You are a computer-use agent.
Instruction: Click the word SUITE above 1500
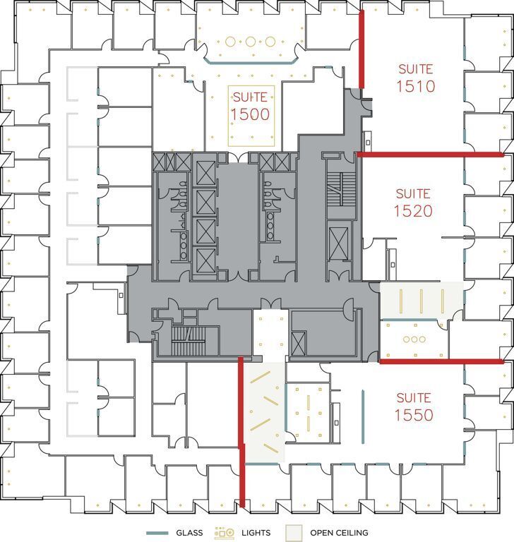251,97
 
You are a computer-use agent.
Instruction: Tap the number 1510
415,87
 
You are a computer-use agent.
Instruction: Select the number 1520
413,210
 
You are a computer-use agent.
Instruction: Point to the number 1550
414,415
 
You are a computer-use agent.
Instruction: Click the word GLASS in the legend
190,533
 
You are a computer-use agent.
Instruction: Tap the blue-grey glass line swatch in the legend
157,533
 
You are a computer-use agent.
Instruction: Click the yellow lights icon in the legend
225,532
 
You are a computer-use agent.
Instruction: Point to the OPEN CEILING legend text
339,533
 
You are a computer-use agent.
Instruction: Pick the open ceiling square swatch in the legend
294,532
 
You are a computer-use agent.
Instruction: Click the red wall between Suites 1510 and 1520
431,154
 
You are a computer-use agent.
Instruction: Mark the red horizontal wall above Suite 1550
441,361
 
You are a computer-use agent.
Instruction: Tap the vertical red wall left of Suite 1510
361,49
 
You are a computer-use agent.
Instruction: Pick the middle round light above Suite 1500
250,42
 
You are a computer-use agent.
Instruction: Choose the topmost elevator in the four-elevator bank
205,172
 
